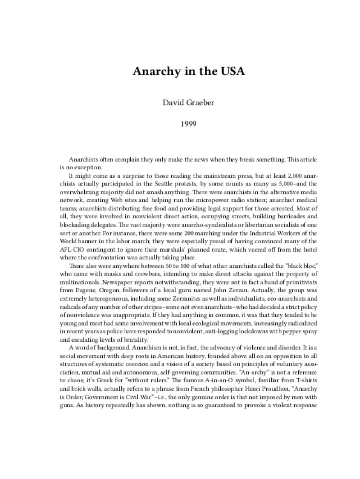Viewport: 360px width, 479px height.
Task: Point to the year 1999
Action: [180, 128]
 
